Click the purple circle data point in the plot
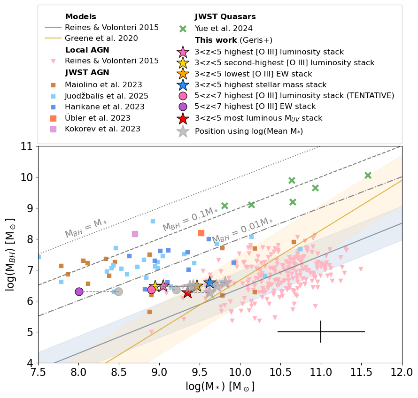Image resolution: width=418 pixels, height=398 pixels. (79, 291)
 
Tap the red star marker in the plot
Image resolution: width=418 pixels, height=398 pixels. (187, 293)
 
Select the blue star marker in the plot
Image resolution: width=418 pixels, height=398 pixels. (209, 282)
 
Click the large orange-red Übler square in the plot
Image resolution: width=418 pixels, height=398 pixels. (201, 233)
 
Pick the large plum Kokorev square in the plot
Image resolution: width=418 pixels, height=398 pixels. (135, 234)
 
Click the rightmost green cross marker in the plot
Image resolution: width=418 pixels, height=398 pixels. (368, 175)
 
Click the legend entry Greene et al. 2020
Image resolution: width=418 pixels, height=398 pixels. (101, 38)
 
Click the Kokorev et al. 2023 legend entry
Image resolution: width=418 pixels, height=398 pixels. (102, 129)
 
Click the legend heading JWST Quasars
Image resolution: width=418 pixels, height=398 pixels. (219, 17)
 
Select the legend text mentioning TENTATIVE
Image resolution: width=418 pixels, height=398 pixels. (294, 95)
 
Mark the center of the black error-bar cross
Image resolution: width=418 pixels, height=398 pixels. (321, 332)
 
